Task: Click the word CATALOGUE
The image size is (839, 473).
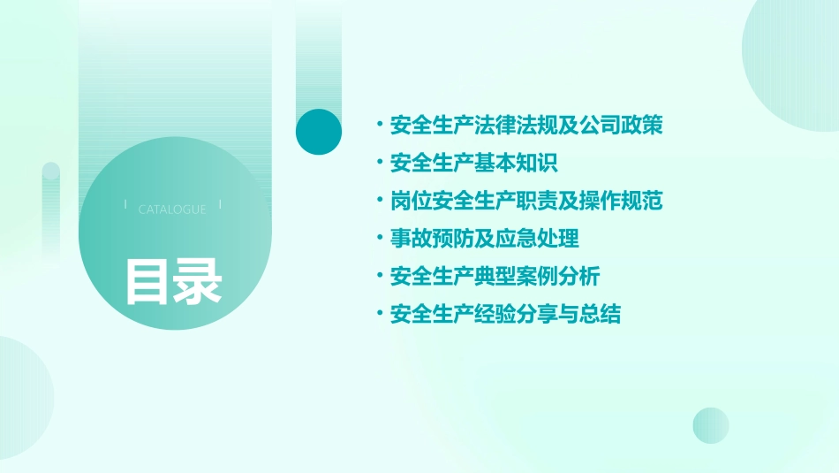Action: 172,210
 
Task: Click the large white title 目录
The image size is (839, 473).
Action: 173,281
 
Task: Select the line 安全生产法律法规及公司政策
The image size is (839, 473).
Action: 525,126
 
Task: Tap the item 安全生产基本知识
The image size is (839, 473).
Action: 473,164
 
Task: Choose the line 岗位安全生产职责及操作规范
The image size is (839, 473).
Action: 525,201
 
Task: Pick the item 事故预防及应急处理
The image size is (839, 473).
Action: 484,239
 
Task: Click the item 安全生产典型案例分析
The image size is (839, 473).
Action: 495,277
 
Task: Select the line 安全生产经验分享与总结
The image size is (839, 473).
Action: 505,314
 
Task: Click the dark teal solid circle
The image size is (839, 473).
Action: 319,132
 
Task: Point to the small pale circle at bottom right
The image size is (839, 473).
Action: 711,425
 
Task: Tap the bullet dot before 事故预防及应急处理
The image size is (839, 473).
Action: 379,239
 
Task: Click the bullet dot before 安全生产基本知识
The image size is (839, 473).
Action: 379,164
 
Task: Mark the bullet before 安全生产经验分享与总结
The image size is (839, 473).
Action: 379,314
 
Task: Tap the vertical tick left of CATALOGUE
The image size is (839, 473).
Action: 125,204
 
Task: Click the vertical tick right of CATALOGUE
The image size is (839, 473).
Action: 220,204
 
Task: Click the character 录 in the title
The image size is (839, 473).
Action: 197,281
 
